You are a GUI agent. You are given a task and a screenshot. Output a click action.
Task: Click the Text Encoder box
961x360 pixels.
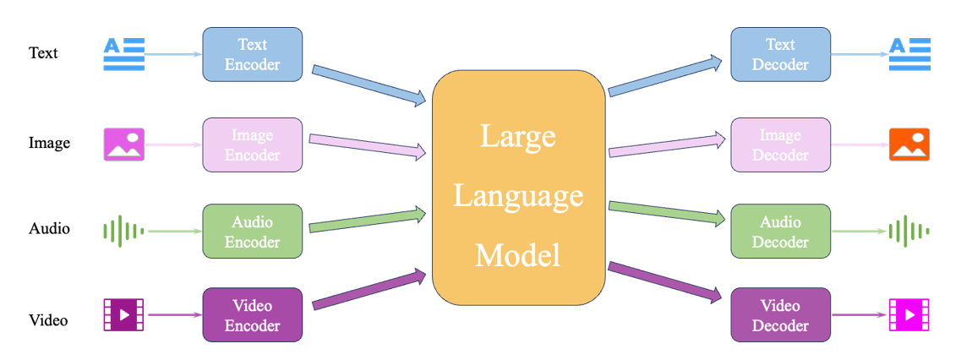pos(252,54)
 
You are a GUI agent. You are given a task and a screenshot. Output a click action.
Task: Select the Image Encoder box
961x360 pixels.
pos(252,145)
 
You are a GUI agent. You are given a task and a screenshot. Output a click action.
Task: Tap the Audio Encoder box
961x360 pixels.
pos(252,232)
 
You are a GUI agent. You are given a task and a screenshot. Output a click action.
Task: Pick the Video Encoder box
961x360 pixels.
pos(252,314)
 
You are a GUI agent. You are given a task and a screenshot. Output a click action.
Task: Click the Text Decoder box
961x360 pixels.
pos(780,54)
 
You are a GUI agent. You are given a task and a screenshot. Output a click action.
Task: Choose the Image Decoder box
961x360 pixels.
pos(780,145)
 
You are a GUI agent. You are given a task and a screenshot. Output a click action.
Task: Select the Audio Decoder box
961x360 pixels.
pos(780,232)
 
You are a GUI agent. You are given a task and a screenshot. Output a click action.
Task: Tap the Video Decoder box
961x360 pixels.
pos(780,314)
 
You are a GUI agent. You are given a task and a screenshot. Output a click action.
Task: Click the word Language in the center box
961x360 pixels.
pos(518,195)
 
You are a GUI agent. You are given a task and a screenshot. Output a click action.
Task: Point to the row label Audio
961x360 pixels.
pos(49,229)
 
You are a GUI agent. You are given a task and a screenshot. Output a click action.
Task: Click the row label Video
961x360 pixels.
pos(48,320)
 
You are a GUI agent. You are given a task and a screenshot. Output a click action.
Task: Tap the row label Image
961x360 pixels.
pos(49,143)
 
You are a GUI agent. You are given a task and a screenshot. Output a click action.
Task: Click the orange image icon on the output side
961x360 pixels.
pos(909,145)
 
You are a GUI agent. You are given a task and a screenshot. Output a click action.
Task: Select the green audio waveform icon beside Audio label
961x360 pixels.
pos(123,231)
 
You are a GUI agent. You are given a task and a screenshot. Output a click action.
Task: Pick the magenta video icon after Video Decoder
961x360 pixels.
pos(909,315)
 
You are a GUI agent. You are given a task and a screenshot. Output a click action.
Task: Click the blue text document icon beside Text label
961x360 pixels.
pos(124,54)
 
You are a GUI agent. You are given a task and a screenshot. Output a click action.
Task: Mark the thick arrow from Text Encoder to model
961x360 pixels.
pos(369,84)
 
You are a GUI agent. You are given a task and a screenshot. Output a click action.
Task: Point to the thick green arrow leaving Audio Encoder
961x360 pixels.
pos(369,220)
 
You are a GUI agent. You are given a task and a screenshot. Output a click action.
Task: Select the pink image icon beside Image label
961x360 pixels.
pos(123,145)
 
